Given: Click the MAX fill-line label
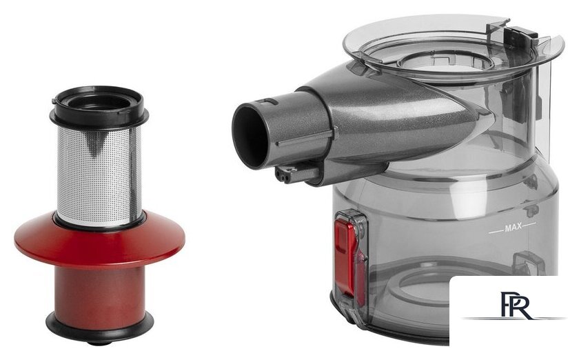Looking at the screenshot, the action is (x=513, y=228).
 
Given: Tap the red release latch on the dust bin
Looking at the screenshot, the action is (x=345, y=256).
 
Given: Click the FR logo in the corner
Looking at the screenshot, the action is (x=516, y=305).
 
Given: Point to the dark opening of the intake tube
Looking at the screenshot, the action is (x=250, y=135).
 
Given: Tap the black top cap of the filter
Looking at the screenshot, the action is (x=99, y=106).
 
